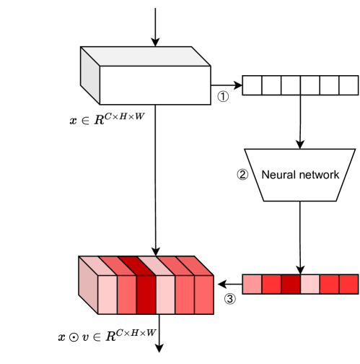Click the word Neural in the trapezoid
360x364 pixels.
277,175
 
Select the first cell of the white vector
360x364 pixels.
252,85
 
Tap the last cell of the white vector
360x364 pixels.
348,85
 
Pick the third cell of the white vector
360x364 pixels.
291,85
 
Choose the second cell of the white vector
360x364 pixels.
271,85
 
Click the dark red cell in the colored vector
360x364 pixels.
291,284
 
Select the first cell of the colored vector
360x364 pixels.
252,284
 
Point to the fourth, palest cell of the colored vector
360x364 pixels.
309,284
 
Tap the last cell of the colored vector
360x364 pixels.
348,284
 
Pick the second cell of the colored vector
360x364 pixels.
271,284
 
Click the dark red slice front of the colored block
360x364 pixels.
146,295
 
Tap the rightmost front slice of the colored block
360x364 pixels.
204,295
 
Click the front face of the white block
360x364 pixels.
154,85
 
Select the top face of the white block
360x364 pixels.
144,57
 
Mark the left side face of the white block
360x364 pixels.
89,76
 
